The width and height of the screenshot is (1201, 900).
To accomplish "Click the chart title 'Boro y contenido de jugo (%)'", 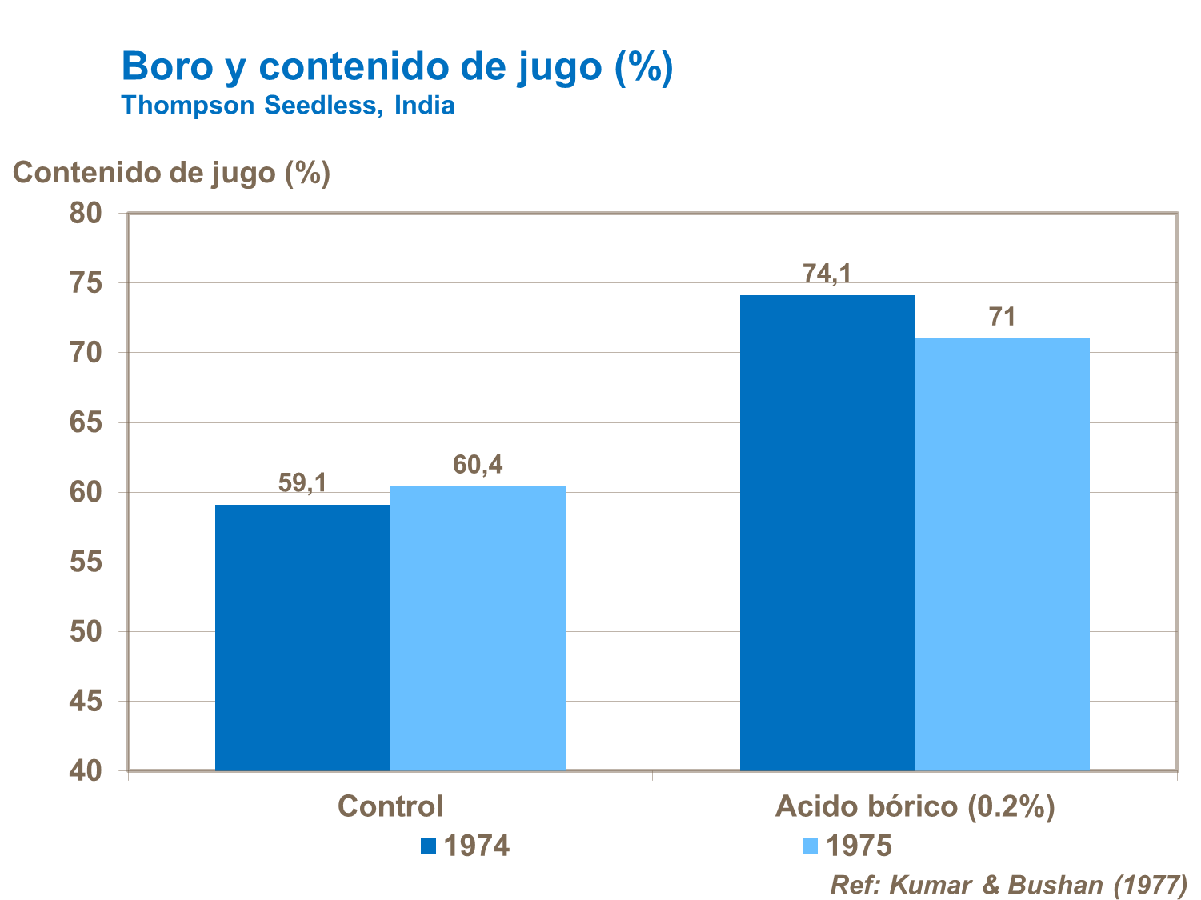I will pos(397,66).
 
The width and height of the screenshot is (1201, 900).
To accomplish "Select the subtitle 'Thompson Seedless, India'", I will pos(288,106).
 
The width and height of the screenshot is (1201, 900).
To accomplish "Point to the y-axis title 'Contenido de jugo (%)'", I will pos(171,173).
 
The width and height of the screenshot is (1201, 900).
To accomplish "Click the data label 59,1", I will pos(302,483).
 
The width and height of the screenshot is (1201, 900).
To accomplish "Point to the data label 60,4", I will pos(478,465).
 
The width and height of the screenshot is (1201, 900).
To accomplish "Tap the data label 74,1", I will pos(827,274).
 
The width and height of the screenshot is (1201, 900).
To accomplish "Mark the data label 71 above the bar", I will pos(1002,318).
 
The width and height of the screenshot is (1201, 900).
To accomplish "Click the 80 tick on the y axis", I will pos(86,213).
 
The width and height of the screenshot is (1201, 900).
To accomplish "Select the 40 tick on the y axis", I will pos(86,770).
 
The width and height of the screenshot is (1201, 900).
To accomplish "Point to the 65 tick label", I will pos(86,422).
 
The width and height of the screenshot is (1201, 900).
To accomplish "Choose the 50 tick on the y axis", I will pos(86,631).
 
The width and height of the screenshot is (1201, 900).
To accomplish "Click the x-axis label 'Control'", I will pos(390,806).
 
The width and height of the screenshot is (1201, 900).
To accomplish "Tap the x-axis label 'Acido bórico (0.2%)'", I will pos(915,806).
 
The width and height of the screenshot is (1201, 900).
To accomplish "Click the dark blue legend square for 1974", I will pos(429,846).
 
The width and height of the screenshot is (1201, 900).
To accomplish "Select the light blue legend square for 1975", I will pos(811,846).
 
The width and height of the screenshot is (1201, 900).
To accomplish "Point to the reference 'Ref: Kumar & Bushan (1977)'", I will pos(1008,885).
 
